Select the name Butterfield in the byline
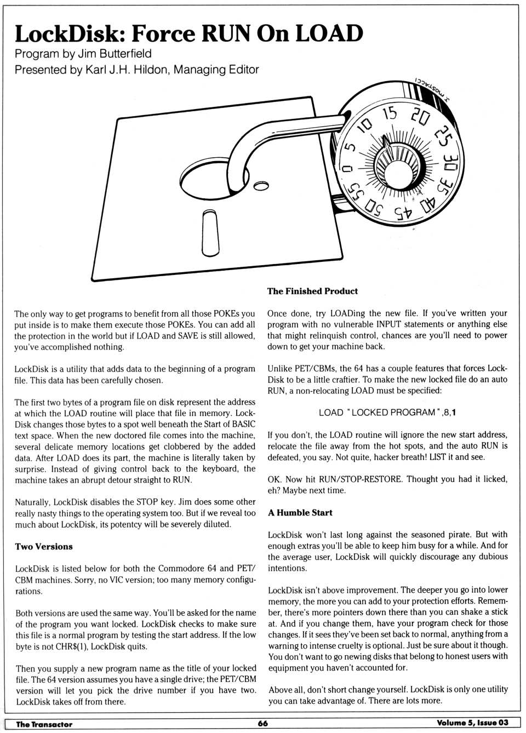(125, 54)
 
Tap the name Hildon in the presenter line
(151, 70)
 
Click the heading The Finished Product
(312, 291)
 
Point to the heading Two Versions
(44, 546)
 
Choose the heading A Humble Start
(300, 512)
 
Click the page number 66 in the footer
(263, 723)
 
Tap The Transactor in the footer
(44, 724)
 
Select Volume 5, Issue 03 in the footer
(473, 723)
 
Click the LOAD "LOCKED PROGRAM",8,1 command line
(387, 413)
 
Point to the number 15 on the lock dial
(390, 113)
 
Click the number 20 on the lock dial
(420, 117)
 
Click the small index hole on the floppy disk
(261, 186)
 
